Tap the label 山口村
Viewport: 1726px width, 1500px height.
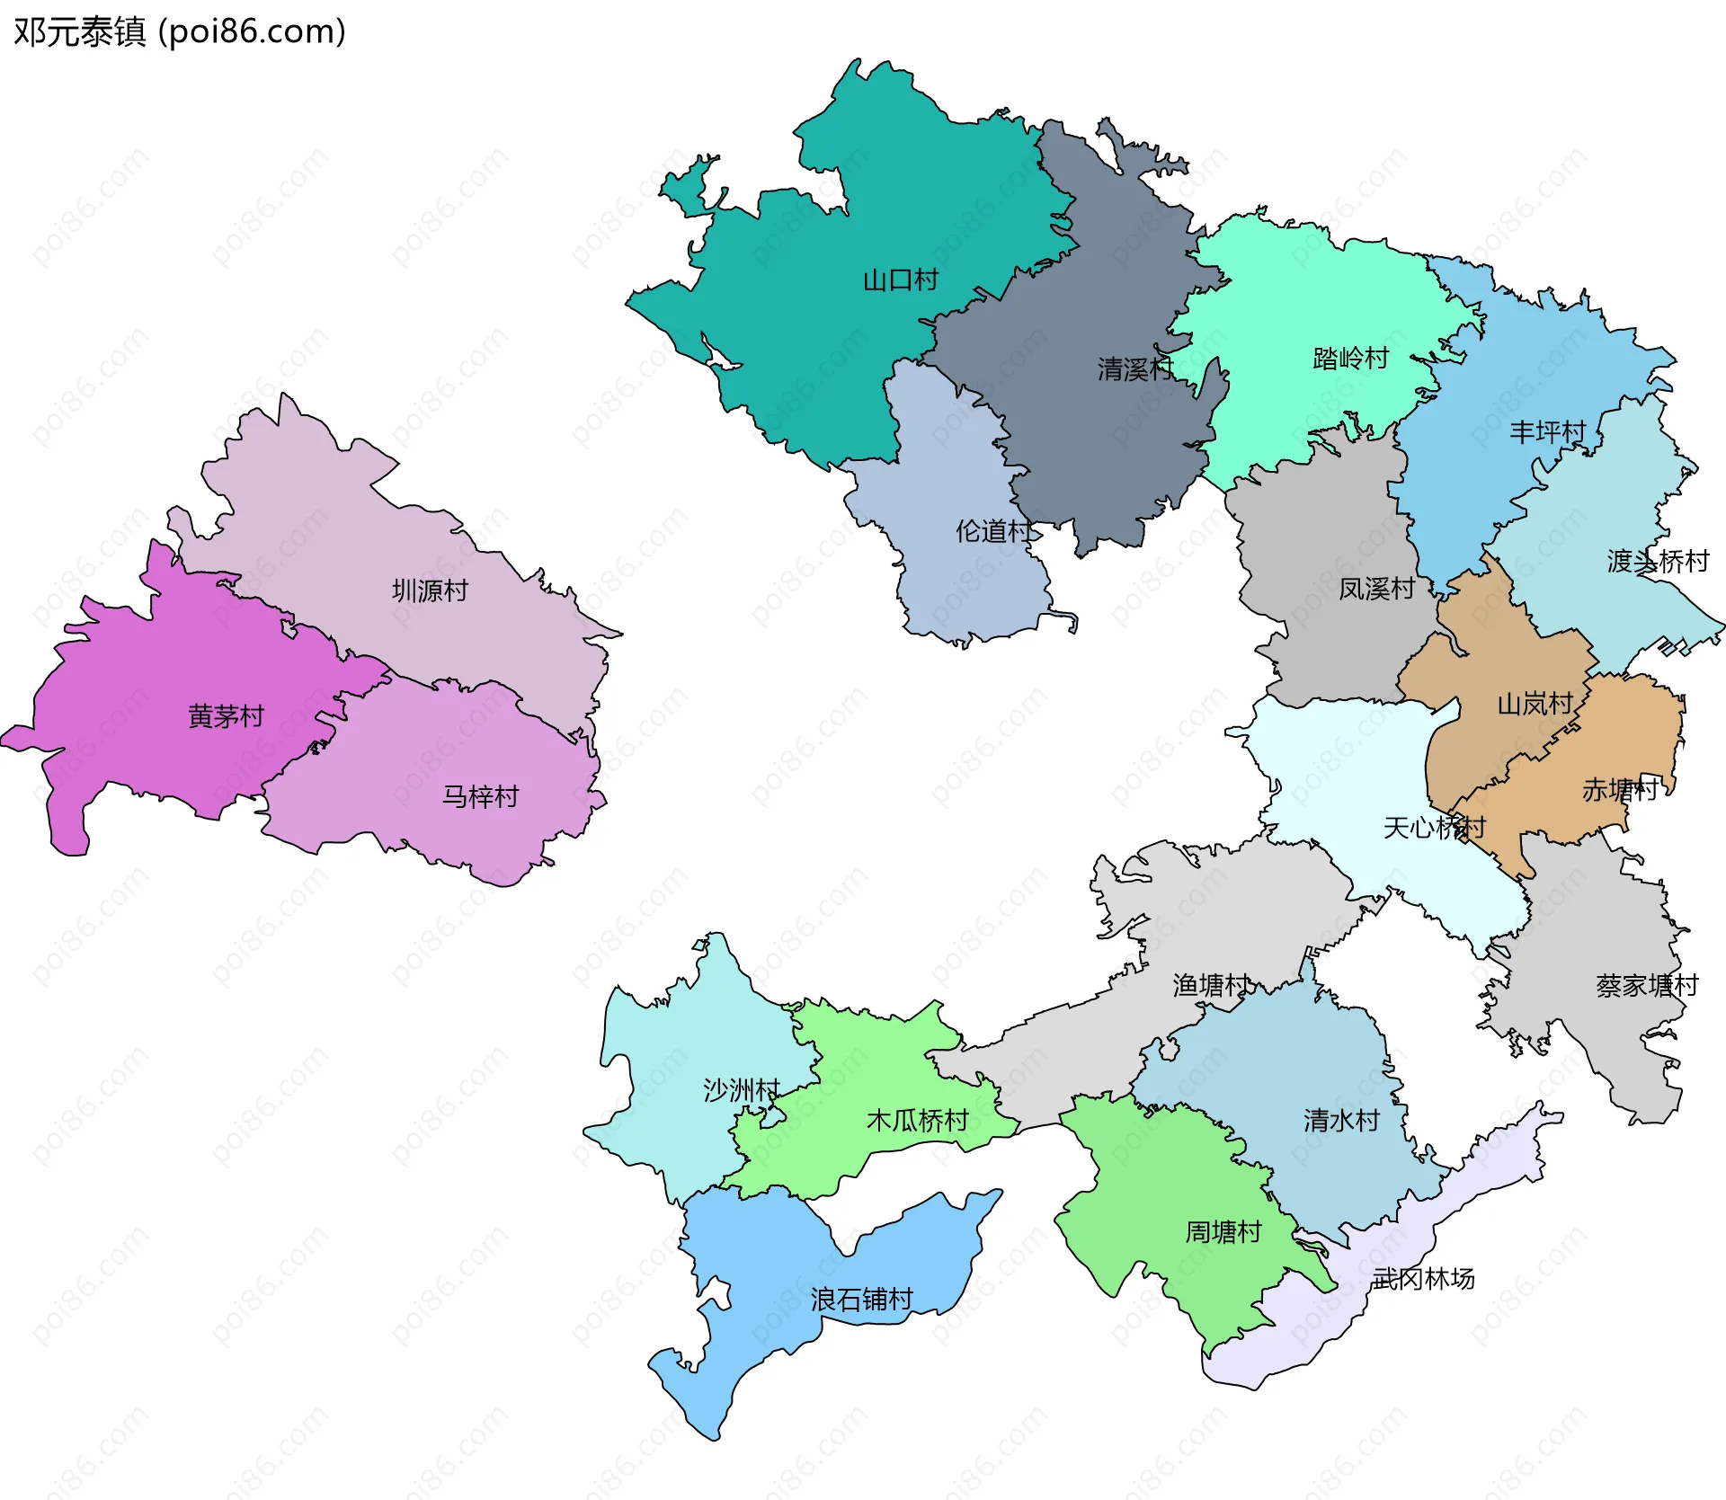900,280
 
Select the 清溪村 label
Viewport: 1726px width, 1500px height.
1134,368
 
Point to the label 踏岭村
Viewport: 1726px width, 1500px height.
1350,359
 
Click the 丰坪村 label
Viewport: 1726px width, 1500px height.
1547,432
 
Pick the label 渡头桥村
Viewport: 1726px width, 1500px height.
1658,562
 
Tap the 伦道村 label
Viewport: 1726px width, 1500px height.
994,531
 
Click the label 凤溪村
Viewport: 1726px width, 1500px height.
1376,589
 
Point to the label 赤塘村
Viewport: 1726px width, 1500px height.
1620,790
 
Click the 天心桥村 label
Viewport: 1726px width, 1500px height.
1434,828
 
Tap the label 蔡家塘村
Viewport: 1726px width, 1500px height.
1647,986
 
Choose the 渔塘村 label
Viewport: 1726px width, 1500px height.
1211,986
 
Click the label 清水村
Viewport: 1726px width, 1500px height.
1341,1121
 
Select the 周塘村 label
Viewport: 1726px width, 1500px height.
1223,1232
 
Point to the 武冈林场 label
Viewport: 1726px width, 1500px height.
1423,1278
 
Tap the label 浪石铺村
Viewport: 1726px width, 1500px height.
861,1300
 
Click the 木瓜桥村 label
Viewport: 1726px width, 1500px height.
917,1121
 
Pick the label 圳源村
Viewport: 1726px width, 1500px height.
430,590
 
